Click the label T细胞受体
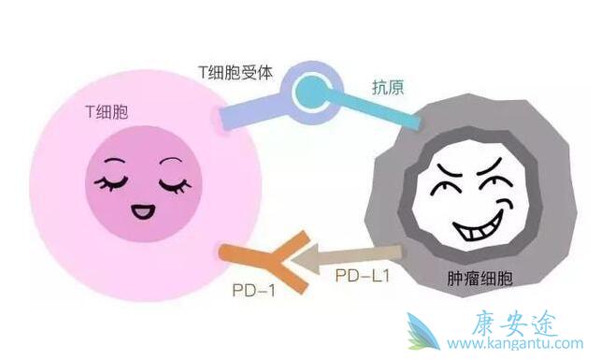pyautogui.click(x=235, y=72)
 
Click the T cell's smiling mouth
pyautogui.click(x=142, y=209)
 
